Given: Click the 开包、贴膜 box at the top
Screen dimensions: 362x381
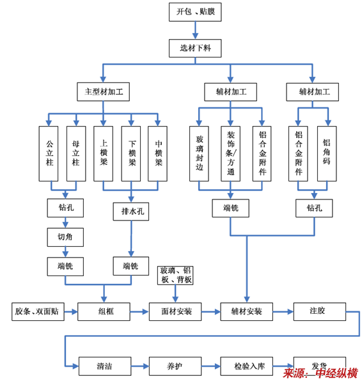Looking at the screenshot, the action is point(195,12).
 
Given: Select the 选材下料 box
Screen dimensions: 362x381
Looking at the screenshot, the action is point(195,48).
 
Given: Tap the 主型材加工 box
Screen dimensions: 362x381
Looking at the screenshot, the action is point(104,91).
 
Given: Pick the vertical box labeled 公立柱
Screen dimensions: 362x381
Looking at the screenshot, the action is point(49,153).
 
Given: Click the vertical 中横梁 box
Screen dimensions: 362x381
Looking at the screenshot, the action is point(157,153).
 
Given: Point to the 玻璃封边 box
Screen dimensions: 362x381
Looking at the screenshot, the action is point(199,153).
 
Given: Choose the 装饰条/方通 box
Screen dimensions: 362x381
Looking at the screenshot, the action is point(230,153).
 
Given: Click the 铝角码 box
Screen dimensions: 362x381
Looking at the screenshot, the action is point(327,153).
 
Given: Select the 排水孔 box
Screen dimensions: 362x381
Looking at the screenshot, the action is point(131,212).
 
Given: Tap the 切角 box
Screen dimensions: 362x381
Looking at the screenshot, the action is point(65,237).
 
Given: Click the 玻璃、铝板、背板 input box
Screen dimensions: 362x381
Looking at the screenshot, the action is point(175,276).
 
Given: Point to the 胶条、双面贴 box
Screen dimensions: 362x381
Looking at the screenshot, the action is point(38,311).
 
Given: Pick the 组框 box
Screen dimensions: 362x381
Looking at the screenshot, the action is point(104,311).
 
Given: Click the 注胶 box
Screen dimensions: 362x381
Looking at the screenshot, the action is point(320,311).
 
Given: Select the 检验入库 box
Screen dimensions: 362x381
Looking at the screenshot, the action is point(246,366).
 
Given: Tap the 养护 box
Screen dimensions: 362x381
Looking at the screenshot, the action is point(175,366).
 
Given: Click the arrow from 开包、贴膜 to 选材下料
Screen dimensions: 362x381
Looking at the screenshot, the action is point(195,30).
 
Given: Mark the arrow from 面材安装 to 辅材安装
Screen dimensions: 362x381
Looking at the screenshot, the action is point(211,311).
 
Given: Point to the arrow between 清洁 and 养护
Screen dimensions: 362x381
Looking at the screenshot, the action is point(140,366).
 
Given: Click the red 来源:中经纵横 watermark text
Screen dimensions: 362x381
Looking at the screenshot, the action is point(320,373).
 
